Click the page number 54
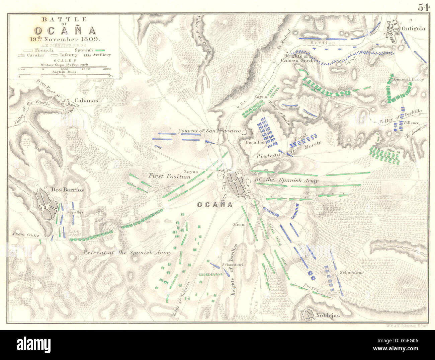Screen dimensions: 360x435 pos(423,7)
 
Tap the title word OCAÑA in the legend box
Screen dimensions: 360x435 pos(69,31)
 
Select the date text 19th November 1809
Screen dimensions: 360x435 pos(69,39)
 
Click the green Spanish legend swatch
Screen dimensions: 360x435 pos(100,50)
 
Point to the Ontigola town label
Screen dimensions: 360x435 pos(414,28)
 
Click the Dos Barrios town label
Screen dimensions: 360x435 pos(67,190)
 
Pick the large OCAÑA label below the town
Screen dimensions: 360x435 pos(214,205)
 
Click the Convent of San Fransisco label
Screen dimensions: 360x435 pos(209,131)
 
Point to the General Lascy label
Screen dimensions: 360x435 pos(409,79)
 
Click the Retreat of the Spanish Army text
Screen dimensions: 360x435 pos(127,253)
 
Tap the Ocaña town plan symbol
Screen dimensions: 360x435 pos(236,185)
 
